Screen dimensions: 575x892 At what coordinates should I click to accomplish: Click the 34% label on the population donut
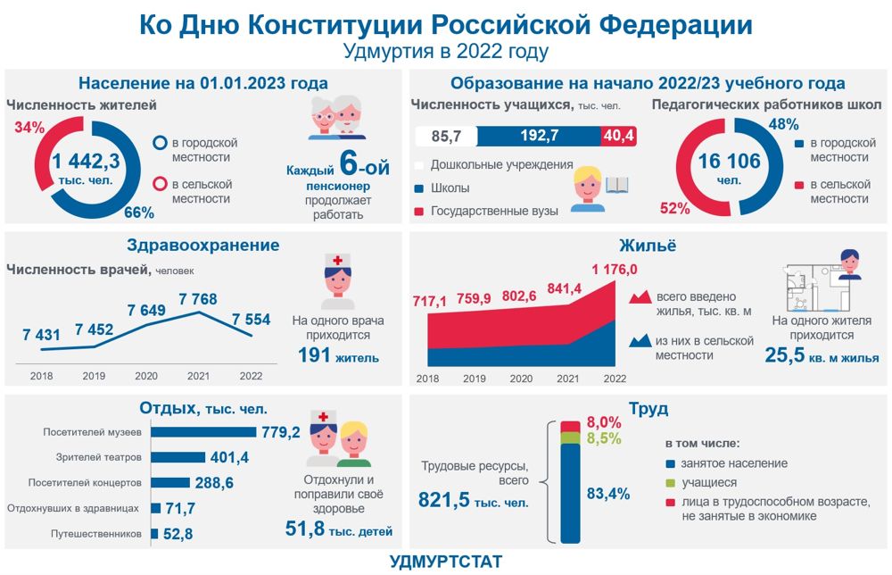29,128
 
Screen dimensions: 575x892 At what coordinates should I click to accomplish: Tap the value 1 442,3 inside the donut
86,162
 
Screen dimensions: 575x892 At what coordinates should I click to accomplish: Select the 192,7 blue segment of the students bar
539,136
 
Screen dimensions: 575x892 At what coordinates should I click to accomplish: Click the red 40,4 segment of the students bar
618,136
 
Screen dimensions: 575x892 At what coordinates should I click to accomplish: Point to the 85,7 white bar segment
445,136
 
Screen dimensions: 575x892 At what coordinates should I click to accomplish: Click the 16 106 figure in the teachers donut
729,162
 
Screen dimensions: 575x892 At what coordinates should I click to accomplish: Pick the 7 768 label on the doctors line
199,299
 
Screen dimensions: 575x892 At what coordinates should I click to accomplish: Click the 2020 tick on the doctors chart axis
145,376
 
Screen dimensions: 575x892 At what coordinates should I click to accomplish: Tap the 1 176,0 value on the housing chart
614,270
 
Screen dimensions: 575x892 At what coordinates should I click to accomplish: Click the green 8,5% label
603,438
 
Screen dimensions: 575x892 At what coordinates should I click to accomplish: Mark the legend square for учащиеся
671,482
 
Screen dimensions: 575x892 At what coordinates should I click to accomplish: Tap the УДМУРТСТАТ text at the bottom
446,562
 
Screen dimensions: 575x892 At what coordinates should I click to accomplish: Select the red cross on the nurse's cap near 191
338,262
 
